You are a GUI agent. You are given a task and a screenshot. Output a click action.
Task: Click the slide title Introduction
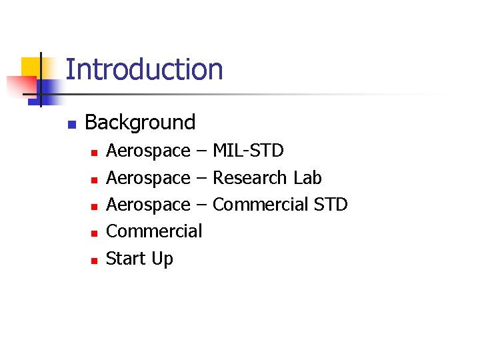click(144, 70)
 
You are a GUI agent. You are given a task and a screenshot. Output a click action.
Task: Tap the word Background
click(140, 123)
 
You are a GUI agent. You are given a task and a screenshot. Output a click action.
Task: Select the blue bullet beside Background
click(72, 124)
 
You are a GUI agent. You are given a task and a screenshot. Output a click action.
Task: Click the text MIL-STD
click(248, 151)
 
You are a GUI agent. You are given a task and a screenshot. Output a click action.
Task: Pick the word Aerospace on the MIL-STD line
click(148, 152)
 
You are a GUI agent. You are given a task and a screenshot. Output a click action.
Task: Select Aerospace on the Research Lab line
click(148, 179)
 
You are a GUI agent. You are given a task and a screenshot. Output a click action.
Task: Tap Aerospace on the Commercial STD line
click(148, 205)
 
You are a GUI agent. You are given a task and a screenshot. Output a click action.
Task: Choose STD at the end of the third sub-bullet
click(330, 205)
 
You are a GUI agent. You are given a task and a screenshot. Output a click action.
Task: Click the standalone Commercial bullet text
click(154, 231)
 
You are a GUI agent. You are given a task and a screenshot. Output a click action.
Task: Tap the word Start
click(126, 258)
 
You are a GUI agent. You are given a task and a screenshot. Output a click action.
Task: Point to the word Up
click(162, 259)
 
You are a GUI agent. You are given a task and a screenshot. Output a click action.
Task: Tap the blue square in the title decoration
click(48, 88)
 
